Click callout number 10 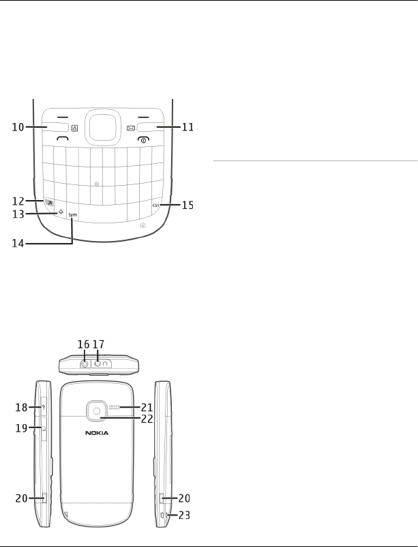pos(18,127)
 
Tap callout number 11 pos(188,127)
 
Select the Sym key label pos(72,215)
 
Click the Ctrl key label pos(155,206)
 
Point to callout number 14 pos(18,244)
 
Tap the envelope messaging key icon pos(131,128)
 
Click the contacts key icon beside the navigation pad pos(74,128)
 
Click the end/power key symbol pos(143,139)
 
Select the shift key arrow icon pos(61,212)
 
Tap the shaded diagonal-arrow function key pos(49,203)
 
